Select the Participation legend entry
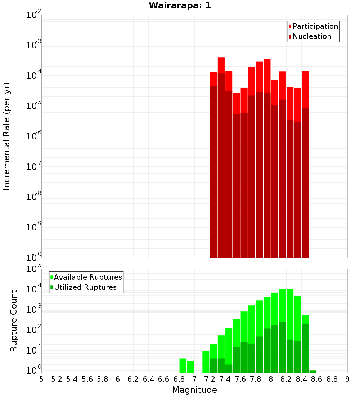coord(315,26)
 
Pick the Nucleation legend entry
coord(312,36)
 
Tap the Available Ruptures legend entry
coord(88,277)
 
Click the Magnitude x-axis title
coord(194,390)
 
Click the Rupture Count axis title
coord(14,321)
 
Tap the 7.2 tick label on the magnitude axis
coord(210,379)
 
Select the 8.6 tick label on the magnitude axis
coord(317,379)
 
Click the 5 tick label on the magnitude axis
coord(41,379)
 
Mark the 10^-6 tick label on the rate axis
coord(33,136)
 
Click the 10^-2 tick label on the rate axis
coord(33,15)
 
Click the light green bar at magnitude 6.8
coord(183,365)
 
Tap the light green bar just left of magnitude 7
coord(190,366)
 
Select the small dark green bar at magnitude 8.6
coord(313,372)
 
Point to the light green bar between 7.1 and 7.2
coord(206,362)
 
